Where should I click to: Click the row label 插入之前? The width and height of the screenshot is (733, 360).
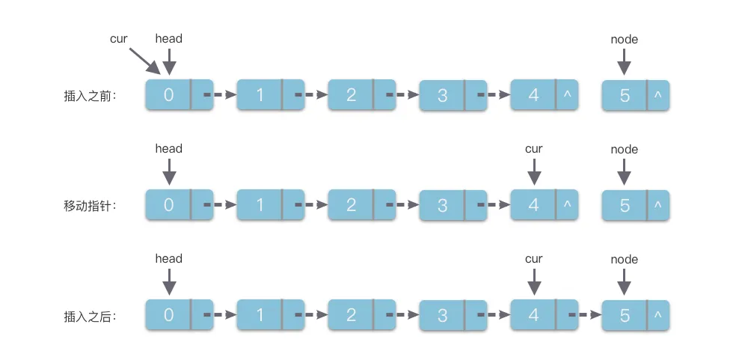(x=91, y=97)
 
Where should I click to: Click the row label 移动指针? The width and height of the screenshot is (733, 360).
(x=91, y=205)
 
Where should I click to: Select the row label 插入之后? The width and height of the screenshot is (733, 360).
(x=91, y=316)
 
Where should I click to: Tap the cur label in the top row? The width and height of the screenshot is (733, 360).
(x=119, y=38)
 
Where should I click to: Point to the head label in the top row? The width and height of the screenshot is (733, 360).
(x=168, y=38)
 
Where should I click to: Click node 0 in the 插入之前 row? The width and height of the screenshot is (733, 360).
(x=169, y=95)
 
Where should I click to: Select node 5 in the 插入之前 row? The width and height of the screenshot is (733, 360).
(x=625, y=96)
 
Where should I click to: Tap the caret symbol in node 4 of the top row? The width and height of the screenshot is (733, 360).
(x=567, y=95)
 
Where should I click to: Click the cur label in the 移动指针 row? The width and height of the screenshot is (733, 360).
(x=533, y=149)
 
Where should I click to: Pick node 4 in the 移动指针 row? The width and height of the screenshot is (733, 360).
(x=533, y=205)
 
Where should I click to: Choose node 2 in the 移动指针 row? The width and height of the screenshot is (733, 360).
(x=352, y=205)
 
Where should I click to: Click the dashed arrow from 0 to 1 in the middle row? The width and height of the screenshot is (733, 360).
(x=221, y=204)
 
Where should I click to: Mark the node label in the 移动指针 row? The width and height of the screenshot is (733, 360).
(x=624, y=149)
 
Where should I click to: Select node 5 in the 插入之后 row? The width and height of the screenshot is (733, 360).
(x=625, y=316)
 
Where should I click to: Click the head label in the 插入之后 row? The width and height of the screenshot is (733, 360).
(x=168, y=259)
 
